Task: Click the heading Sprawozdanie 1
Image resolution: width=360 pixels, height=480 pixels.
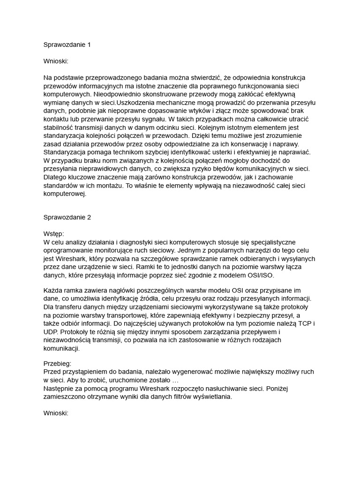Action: coord(67,45)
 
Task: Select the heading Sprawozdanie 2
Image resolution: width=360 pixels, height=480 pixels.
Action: coord(67,217)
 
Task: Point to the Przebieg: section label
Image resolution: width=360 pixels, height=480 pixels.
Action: coord(57,363)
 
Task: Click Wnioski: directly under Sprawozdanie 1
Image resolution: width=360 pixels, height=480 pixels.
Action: coord(56,61)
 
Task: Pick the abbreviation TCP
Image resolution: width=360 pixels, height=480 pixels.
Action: coord(304,324)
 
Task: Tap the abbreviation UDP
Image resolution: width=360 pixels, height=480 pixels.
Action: coord(51,332)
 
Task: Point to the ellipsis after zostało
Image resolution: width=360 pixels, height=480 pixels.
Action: coord(174,380)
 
